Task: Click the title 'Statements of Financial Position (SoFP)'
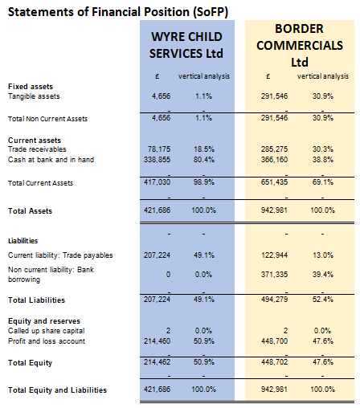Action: (118, 12)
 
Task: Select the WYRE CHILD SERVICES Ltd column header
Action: (186, 45)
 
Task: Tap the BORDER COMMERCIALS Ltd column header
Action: (300, 45)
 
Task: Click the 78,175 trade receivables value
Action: (159, 149)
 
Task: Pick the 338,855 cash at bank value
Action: (157, 160)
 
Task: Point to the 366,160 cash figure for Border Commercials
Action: (274, 160)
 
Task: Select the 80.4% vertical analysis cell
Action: (204, 160)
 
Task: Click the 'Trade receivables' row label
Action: (37, 149)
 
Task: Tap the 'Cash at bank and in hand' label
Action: (51, 160)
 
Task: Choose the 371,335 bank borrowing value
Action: (274, 275)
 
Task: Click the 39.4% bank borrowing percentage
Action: (323, 275)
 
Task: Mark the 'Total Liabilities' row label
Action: (36, 300)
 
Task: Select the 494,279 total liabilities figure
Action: (274, 299)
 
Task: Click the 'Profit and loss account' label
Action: (47, 341)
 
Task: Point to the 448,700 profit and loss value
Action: (274, 341)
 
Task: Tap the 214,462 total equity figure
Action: (157, 362)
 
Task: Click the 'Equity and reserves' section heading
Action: (44, 321)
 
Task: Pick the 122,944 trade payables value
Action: (274, 255)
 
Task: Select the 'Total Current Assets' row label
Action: (40, 183)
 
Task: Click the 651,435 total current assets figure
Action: (274, 182)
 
